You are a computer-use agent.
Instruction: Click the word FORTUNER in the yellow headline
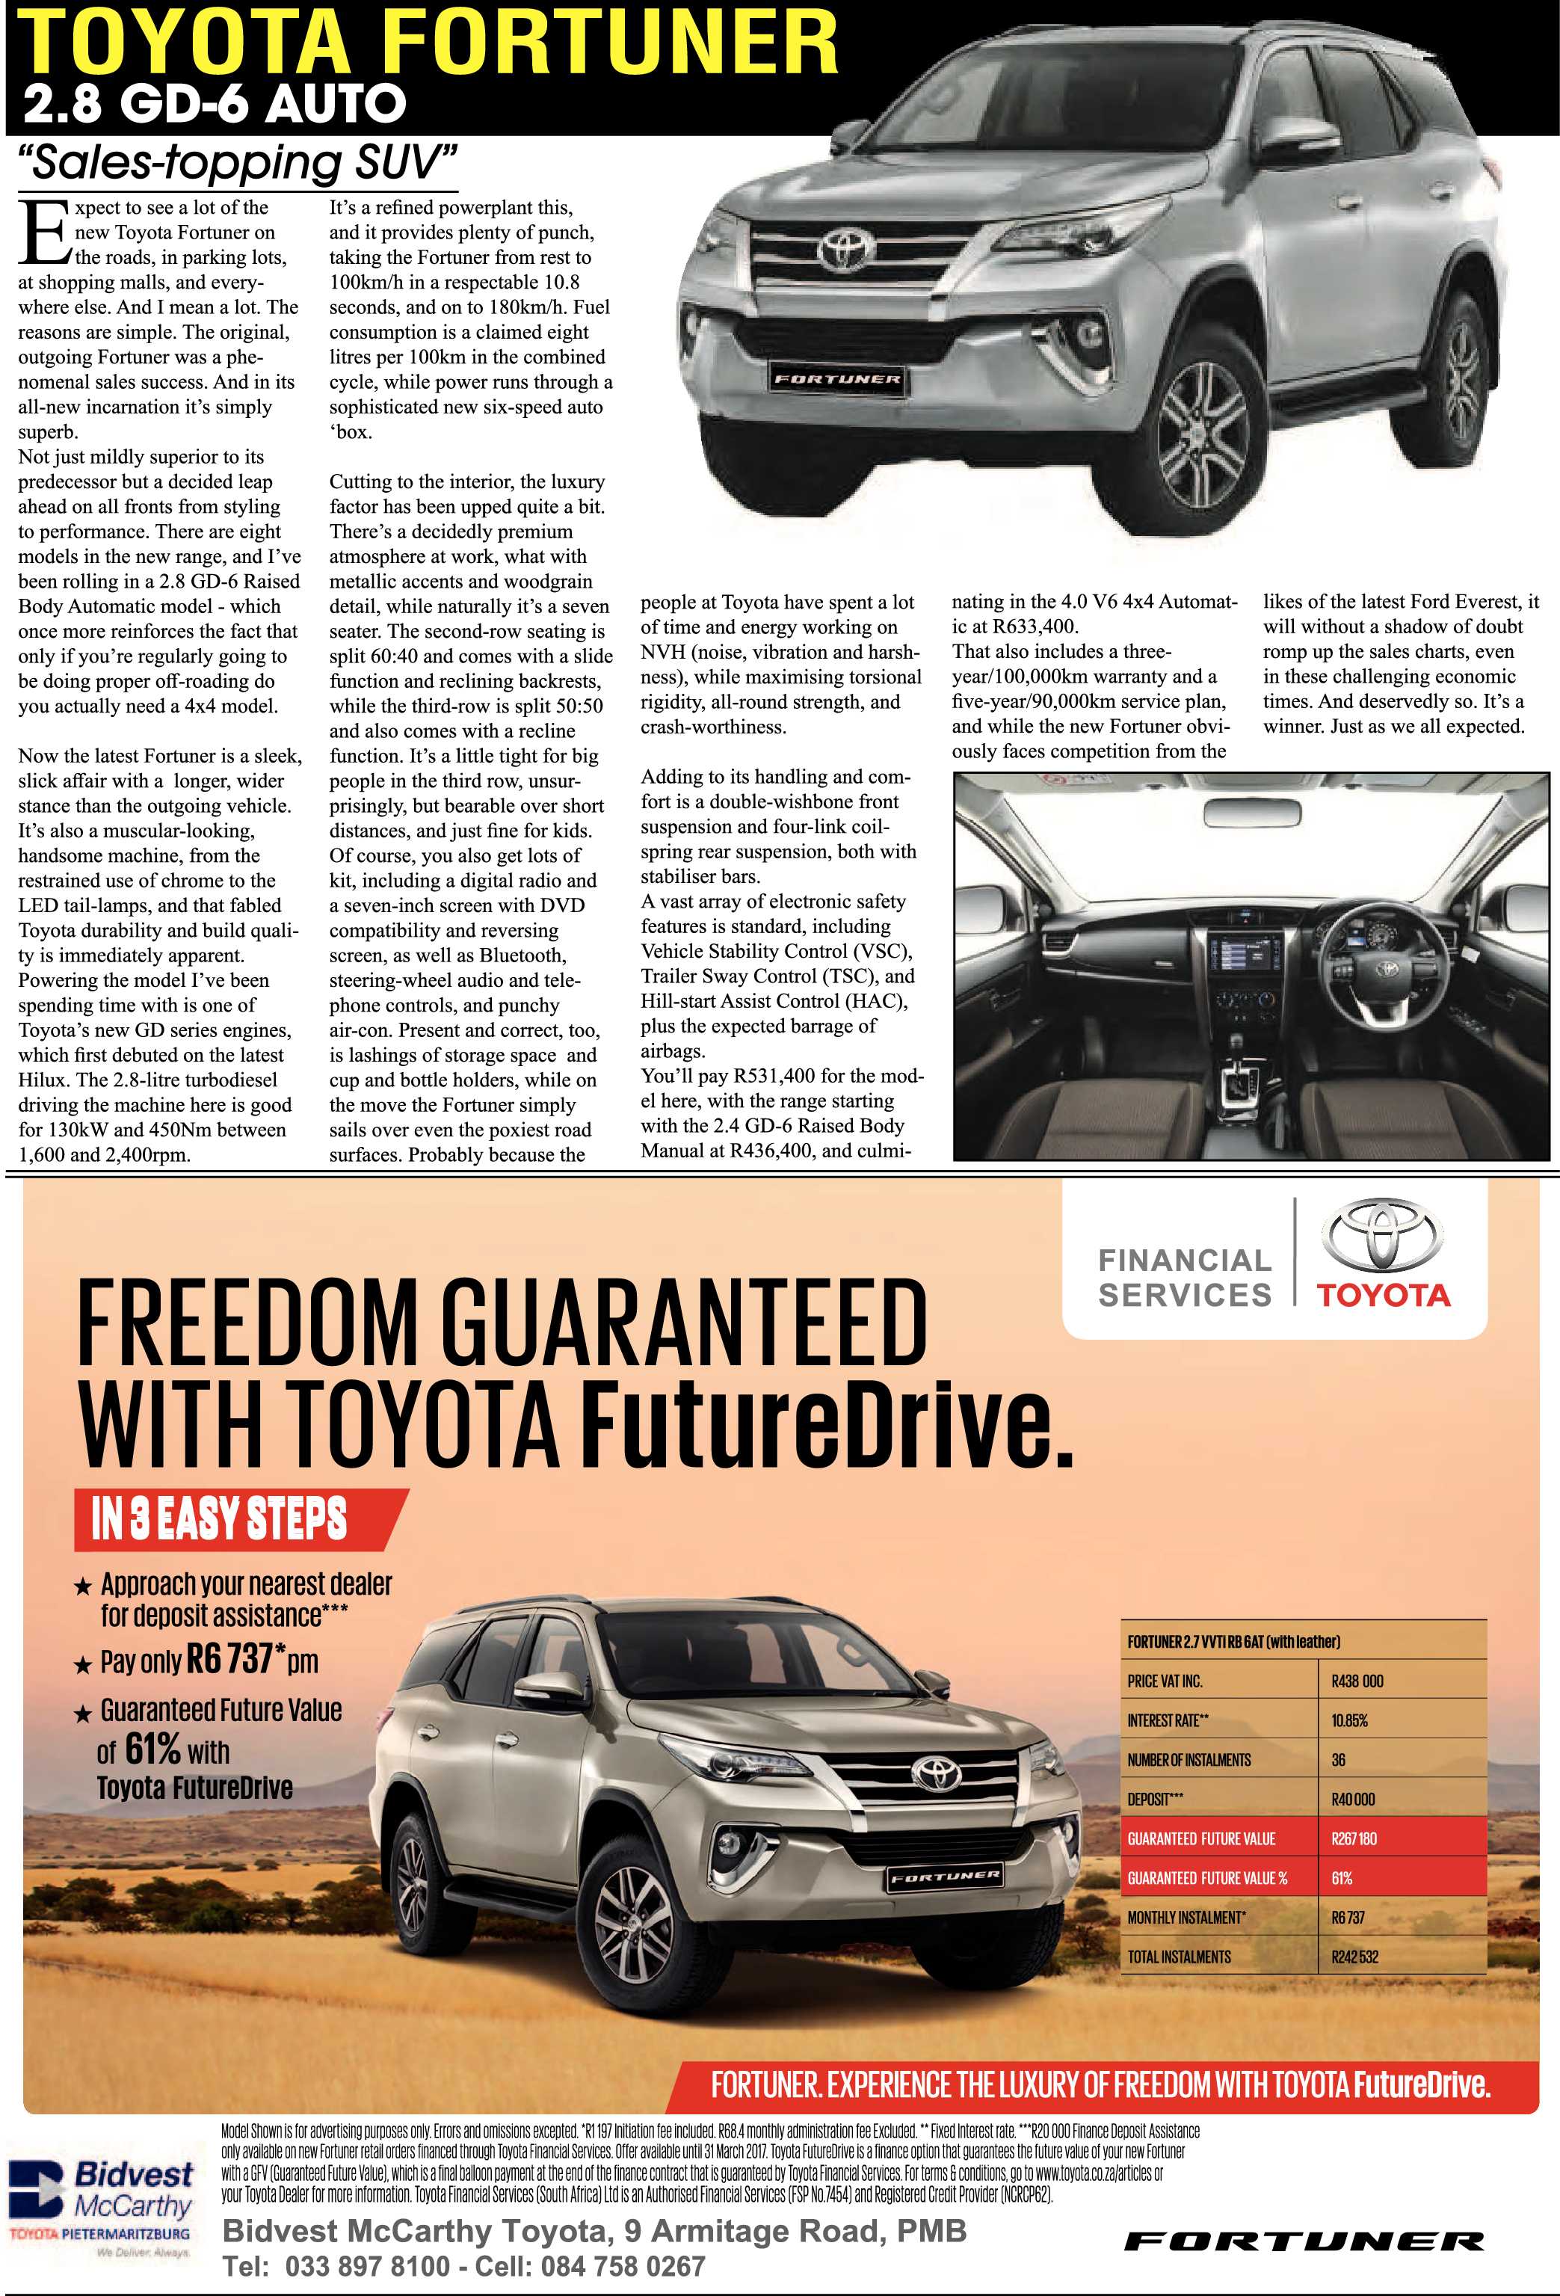[610, 43]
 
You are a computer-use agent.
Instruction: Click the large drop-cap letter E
[43, 234]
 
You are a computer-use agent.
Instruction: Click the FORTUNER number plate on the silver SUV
[836, 378]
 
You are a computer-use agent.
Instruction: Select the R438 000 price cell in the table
[1357, 1681]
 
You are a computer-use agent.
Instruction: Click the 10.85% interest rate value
[1348, 1721]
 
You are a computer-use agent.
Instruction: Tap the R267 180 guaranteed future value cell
[1354, 1838]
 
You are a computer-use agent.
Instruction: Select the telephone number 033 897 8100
[366, 2265]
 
